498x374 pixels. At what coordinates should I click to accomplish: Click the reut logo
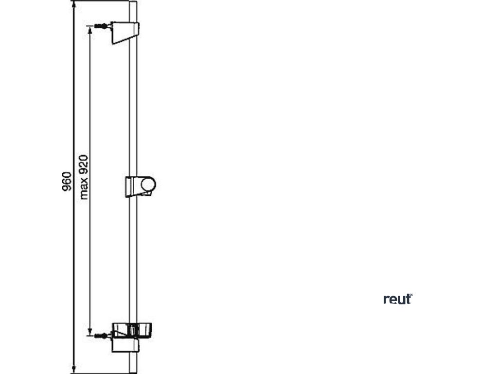pyautogui.click(x=398, y=299)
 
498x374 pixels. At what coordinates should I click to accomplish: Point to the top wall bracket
pyautogui.click(x=125, y=32)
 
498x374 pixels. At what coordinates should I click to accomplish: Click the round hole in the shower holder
pyautogui.click(x=148, y=186)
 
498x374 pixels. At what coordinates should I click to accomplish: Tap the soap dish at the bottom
pyautogui.click(x=132, y=330)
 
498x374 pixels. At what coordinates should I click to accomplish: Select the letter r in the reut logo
pyautogui.click(x=386, y=299)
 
